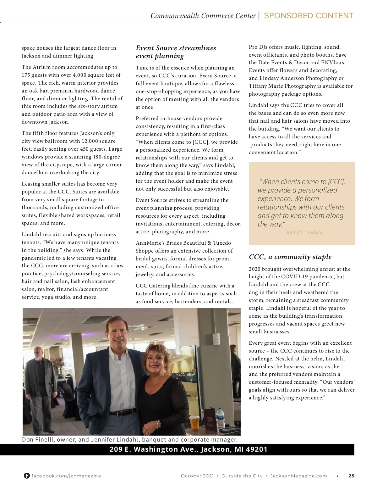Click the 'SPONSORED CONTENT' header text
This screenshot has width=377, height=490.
309,16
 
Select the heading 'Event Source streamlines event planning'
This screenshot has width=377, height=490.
176,52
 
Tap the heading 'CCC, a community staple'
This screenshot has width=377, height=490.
290,257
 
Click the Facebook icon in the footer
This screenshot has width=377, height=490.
27,476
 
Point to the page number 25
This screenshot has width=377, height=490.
352,476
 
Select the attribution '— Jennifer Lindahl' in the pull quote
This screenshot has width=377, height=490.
302,233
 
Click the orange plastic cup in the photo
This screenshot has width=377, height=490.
194,423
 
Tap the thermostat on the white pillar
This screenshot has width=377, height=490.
216,339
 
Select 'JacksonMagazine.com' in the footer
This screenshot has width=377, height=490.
298,476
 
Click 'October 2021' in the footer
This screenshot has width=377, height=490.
197,476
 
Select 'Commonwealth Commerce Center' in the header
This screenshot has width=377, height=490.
203,16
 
